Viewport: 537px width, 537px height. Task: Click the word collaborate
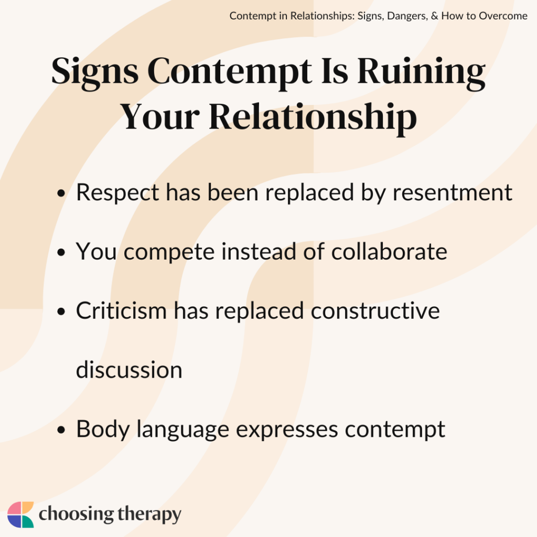pos(389,252)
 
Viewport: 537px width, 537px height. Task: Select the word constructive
pos(375,311)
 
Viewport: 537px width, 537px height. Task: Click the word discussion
pos(129,370)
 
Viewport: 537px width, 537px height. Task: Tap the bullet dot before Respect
pos(62,194)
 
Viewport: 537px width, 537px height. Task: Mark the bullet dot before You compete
pos(62,253)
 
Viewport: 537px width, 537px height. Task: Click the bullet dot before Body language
pos(62,431)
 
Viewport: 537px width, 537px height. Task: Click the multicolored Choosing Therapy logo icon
pos(20,514)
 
